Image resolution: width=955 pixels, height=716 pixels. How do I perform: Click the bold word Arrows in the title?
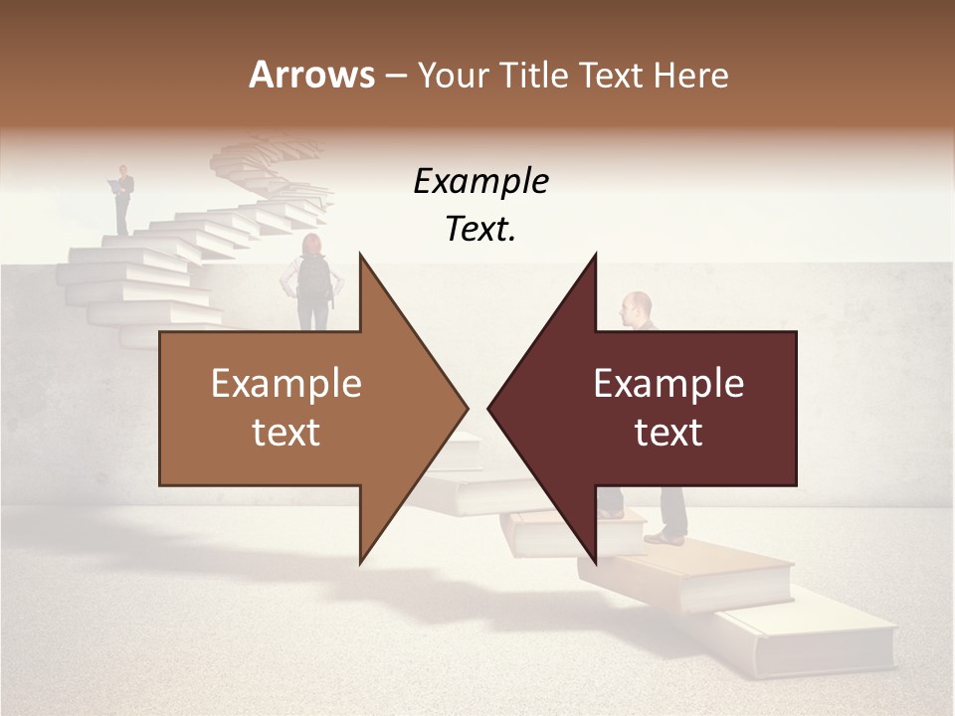pyautogui.click(x=312, y=75)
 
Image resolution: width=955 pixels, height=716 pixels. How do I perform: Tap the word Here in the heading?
pyautogui.click(x=690, y=75)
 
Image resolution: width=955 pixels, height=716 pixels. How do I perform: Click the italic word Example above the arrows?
pyautogui.click(x=480, y=181)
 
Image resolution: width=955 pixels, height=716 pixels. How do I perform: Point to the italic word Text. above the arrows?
pyautogui.click(x=480, y=229)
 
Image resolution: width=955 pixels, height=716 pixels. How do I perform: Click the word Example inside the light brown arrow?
pyautogui.click(x=286, y=383)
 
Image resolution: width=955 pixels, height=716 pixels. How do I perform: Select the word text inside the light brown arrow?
pyautogui.click(x=286, y=432)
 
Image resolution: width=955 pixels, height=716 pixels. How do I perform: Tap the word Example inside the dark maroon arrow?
pyautogui.click(x=668, y=383)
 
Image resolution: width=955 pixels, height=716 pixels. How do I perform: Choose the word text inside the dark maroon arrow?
pyautogui.click(x=668, y=432)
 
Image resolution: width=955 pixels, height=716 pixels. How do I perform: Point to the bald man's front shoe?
pyautogui.click(x=665, y=538)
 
